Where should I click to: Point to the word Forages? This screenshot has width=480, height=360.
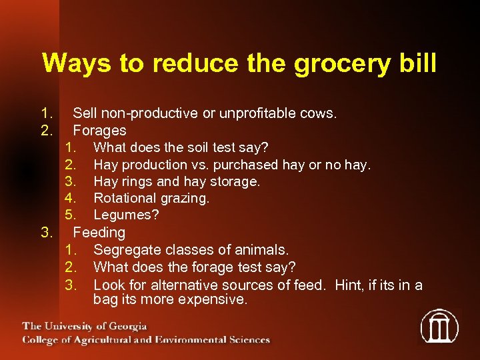click(x=99, y=131)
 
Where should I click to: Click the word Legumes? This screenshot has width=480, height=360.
click(x=123, y=215)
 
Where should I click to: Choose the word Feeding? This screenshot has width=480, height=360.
click(x=99, y=233)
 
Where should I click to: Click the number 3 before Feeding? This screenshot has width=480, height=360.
click(x=46, y=233)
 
